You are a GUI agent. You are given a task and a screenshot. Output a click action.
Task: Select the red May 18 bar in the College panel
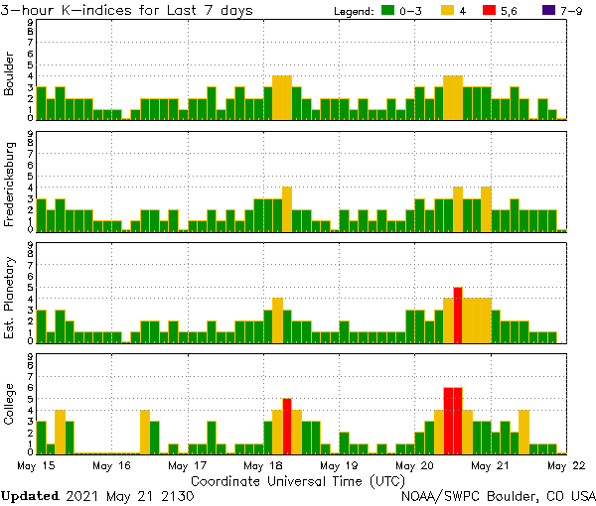pyautogui.click(x=287, y=425)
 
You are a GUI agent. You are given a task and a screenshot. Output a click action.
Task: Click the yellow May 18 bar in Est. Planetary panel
pyautogui.click(x=277, y=319)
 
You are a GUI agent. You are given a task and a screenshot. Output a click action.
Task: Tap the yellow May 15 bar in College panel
pyautogui.click(x=60, y=431)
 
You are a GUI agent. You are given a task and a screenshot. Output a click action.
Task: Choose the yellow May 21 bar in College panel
pyautogui.click(x=523, y=431)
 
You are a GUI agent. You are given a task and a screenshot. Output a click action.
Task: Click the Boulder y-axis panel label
pyautogui.click(x=10, y=75)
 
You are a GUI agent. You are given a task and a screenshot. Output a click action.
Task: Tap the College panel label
pyautogui.click(x=10, y=407)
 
